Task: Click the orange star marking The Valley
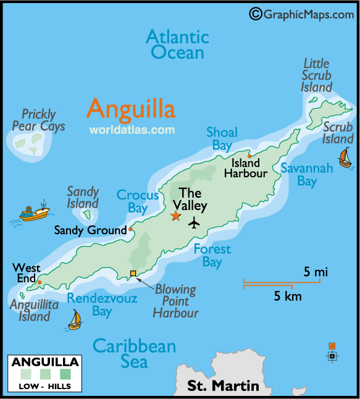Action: coord(175,216)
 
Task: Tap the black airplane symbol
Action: coord(195,222)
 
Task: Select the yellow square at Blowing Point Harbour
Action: coord(133,274)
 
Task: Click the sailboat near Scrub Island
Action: coord(345,157)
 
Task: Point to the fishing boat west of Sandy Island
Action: coord(34,212)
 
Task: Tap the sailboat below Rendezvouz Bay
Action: coord(75,320)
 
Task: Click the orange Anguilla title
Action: coord(131,109)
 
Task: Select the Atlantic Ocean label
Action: coord(177,44)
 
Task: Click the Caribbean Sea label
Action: coord(134,353)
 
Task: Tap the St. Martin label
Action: coord(224,386)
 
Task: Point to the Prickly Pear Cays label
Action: coord(38,120)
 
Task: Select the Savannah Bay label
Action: coord(307,174)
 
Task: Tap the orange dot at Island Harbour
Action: coord(249,156)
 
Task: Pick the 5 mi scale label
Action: coord(316,272)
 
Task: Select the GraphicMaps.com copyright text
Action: coord(302,14)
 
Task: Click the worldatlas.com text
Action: coord(132,130)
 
